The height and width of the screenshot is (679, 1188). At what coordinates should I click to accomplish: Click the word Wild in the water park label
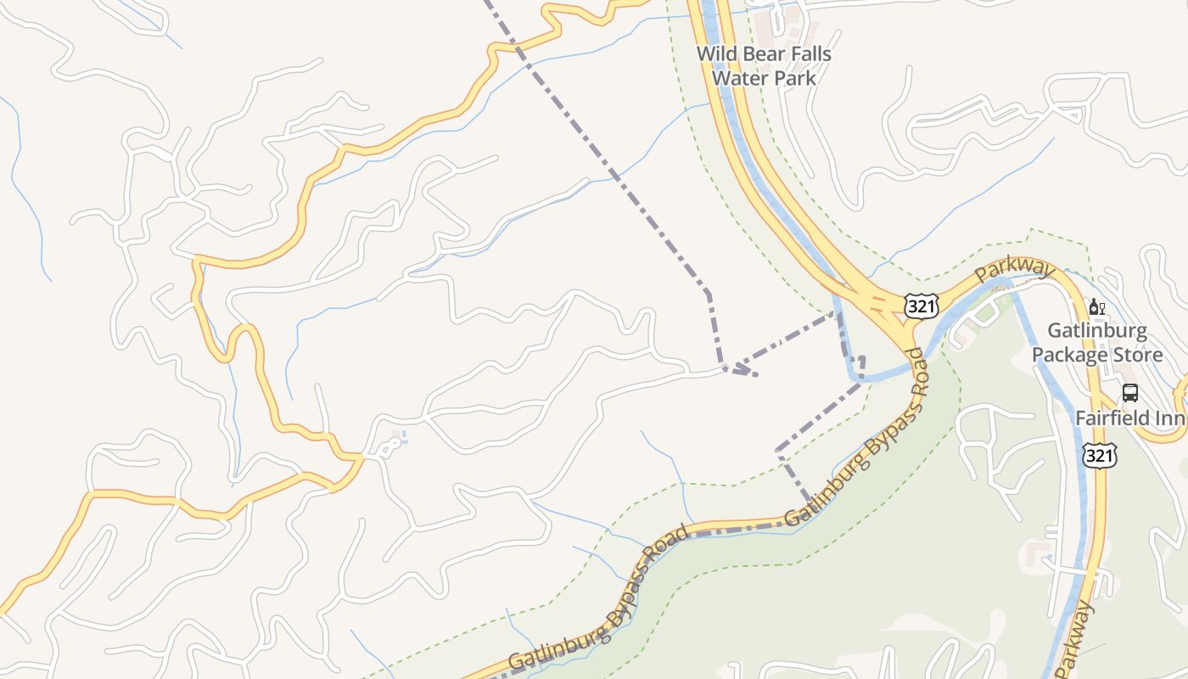(x=714, y=53)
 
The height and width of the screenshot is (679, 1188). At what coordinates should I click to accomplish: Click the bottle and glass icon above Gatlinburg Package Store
(x=1096, y=307)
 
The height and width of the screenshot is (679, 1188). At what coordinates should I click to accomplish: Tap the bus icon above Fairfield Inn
(x=1129, y=393)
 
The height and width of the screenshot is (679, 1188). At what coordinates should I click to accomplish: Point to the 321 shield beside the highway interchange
(x=921, y=306)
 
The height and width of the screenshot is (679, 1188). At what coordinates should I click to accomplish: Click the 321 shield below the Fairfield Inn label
(x=1099, y=456)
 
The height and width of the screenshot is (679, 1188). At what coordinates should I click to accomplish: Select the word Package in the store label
(x=1070, y=354)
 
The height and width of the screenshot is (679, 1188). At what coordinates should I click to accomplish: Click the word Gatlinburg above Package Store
(x=1097, y=330)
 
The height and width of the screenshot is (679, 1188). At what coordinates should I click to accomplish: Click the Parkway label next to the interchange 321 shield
(x=1014, y=272)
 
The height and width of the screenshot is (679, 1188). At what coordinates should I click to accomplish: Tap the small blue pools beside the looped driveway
(x=402, y=438)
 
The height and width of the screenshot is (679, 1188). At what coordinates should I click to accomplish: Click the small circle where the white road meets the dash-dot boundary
(x=724, y=368)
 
